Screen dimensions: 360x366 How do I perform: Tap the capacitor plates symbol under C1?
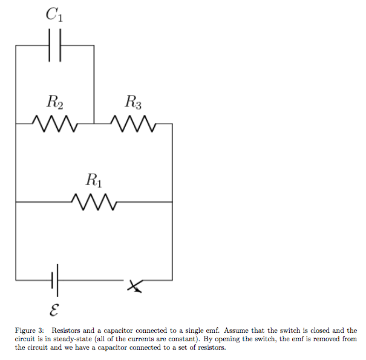(56, 45)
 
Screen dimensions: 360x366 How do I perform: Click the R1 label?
(94, 180)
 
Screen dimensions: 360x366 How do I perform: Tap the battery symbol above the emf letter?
(56, 280)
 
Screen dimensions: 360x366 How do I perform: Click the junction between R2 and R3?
(94, 123)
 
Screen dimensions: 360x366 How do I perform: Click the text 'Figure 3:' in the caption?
(30, 330)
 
